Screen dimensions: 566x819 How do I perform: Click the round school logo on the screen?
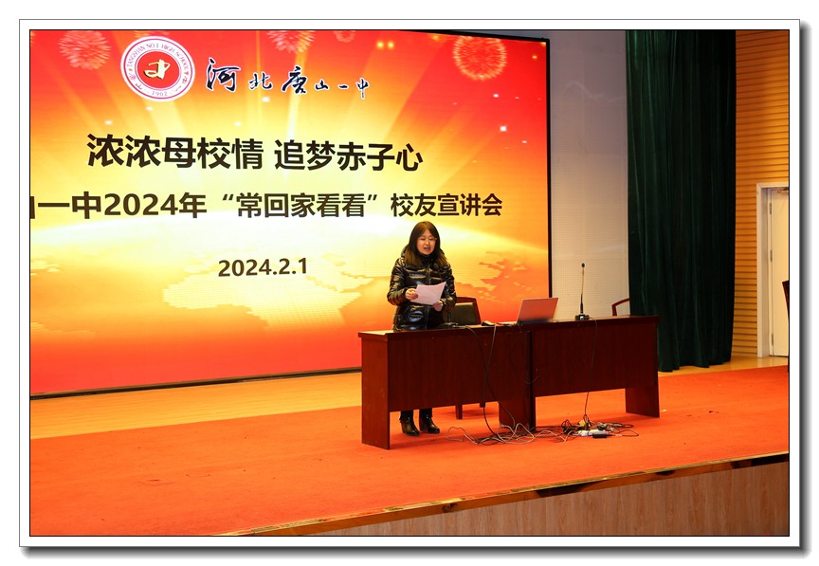pyautogui.click(x=157, y=68)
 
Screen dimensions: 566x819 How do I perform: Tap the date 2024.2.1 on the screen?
pyautogui.click(x=263, y=267)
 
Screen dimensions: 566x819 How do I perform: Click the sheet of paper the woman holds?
pyautogui.click(x=429, y=293)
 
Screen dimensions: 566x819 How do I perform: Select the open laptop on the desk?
pyautogui.click(x=536, y=310)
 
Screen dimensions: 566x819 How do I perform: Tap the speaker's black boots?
pyautogui.click(x=418, y=425)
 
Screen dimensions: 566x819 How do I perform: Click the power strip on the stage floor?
pyautogui.click(x=593, y=431)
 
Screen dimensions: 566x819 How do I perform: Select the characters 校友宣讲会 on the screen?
pyautogui.click(x=446, y=206)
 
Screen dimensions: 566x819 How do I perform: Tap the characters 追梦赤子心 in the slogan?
pyautogui.click(x=348, y=155)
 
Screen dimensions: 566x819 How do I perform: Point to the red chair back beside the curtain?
pyautogui.click(x=621, y=306)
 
